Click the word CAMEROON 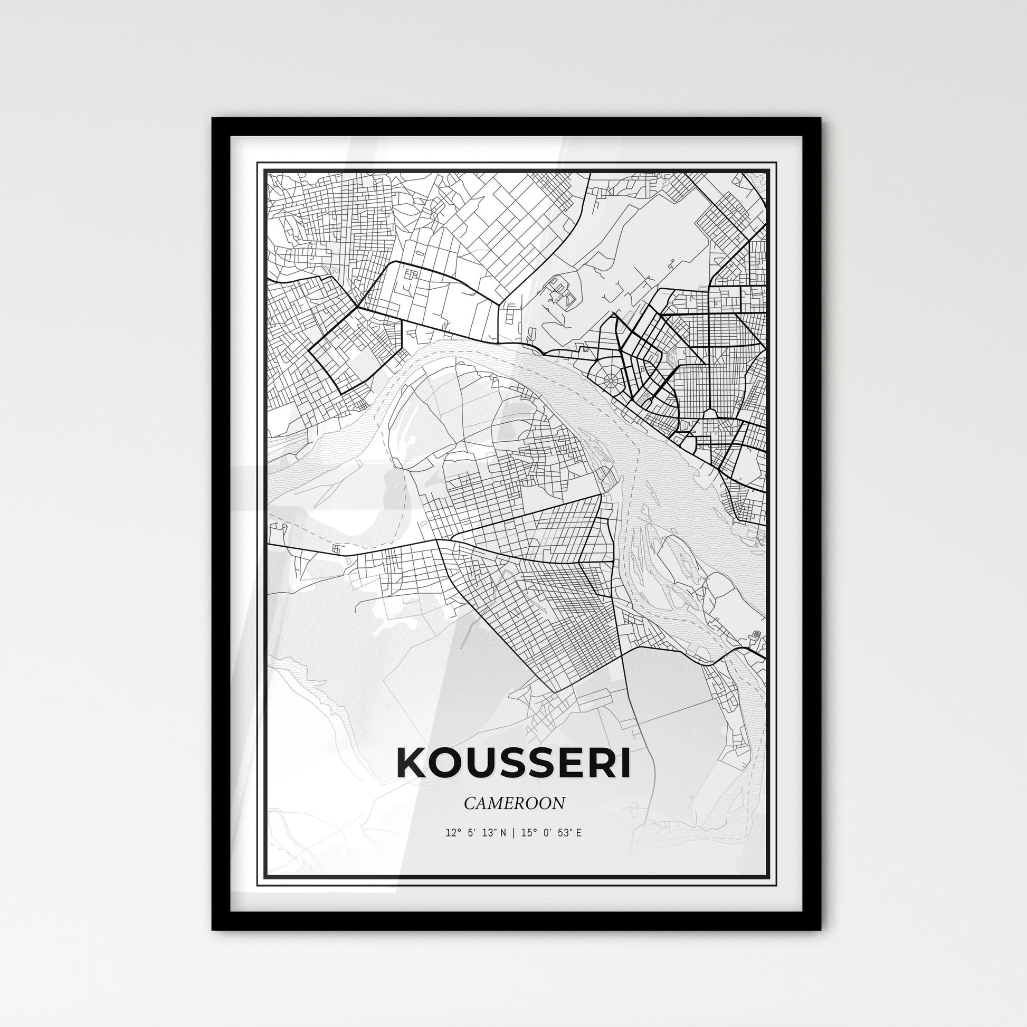514,803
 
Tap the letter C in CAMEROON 468,803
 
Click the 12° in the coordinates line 452,832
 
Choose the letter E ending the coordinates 578,832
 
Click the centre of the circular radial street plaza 610,380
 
